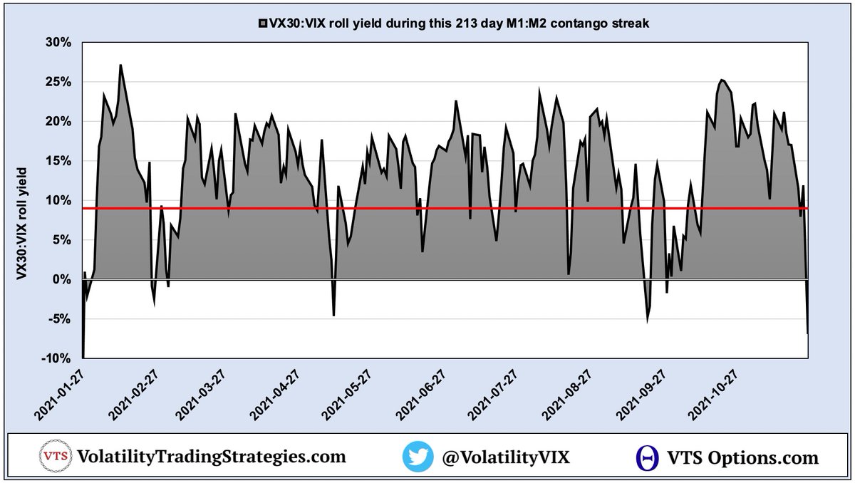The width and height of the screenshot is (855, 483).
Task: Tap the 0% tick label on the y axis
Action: (63, 279)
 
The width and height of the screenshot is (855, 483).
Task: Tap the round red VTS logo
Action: (53, 457)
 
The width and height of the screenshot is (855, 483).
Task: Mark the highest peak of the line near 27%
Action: (120, 66)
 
